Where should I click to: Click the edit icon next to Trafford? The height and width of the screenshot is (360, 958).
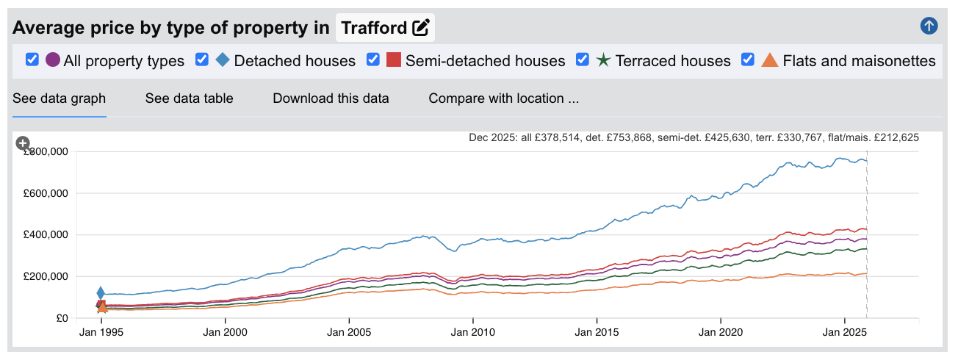point(421,28)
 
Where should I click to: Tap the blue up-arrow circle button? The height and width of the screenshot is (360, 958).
point(929,26)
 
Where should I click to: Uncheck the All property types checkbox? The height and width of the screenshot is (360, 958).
point(32,60)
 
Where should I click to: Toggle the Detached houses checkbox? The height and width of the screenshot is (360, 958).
point(202,60)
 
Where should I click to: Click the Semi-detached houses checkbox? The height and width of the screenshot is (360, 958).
point(373,60)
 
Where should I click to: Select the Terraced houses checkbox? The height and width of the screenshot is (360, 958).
point(583,60)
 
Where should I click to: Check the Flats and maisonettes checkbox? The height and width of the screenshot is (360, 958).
point(749,60)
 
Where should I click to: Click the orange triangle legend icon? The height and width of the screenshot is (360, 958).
point(770,60)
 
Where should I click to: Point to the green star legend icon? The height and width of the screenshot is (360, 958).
point(603,60)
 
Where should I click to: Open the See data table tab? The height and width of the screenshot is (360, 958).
point(189,98)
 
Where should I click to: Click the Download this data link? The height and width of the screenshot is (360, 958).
point(331,98)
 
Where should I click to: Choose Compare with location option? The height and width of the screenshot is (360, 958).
point(503,98)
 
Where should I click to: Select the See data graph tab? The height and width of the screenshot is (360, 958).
point(60,98)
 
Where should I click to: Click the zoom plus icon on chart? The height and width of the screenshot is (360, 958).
point(23,143)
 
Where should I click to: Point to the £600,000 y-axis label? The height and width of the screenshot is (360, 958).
point(46,193)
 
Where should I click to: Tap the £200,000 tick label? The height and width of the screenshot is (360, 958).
point(46,276)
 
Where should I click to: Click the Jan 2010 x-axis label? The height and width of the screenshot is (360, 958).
point(472,332)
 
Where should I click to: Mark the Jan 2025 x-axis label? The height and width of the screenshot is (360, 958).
point(845,332)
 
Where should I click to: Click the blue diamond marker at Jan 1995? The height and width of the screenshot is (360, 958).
point(101,294)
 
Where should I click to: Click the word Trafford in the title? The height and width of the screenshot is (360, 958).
point(374,28)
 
